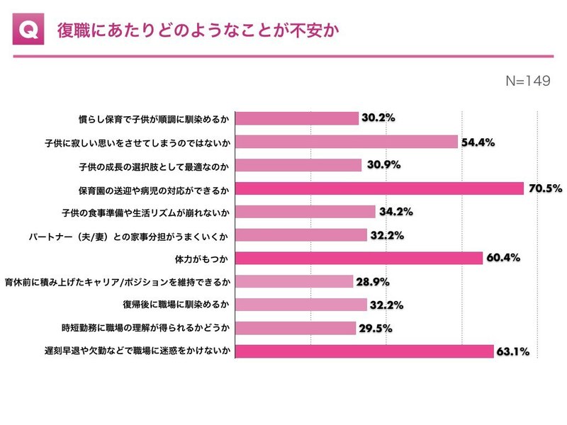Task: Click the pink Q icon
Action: [28, 29]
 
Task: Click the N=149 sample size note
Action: [528, 81]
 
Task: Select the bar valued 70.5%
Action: [379, 188]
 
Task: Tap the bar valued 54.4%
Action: [347, 142]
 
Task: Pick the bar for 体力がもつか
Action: [359, 258]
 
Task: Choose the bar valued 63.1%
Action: [364, 351]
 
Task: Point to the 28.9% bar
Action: [294, 281]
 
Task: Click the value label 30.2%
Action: [378, 118]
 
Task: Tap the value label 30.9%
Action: [383, 165]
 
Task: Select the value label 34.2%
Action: [396, 211]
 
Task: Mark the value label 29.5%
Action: [376, 328]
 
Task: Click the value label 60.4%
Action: [503, 258]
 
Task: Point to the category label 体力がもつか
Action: [201, 259]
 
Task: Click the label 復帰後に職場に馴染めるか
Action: [176, 305]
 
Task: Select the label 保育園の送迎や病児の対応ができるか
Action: [154, 190]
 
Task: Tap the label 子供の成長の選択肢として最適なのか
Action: [154, 166]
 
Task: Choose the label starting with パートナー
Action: [128, 237]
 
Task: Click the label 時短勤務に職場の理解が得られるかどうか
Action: [145, 328]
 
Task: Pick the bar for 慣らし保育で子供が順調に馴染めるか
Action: [297, 118]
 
